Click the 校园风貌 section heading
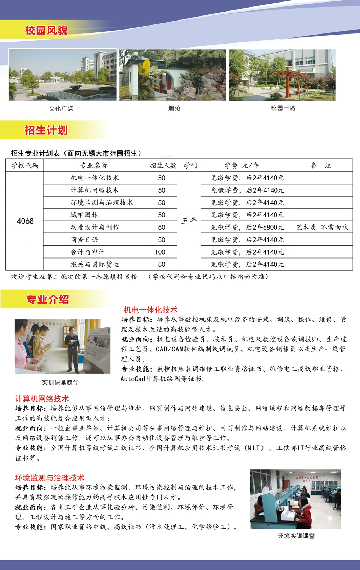pos(46,30)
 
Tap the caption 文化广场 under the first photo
pos(61,108)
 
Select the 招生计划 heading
pos(46,130)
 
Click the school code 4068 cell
pos(25,221)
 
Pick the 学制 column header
pos(190,166)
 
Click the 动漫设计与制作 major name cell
pos(95,227)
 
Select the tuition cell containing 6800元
pos(247,227)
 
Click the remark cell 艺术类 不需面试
pos(322,227)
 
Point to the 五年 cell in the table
pos(189,220)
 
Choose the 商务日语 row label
pos(84,240)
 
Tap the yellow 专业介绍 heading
pos(48,299)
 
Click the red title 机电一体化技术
pos(150,310)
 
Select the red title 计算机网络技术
pos(42,399)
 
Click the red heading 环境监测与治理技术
pos(50,478)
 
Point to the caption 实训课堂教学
pos(60,382)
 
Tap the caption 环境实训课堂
pos(296,536)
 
